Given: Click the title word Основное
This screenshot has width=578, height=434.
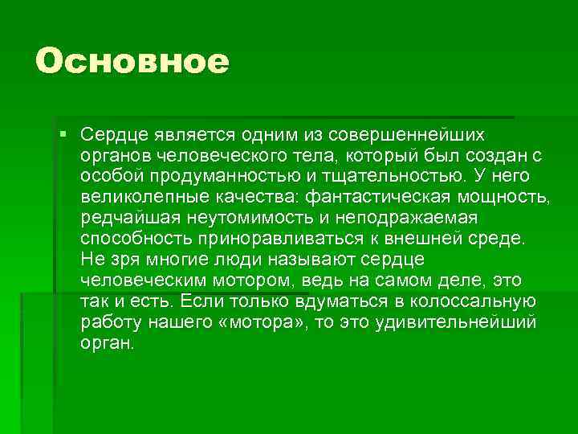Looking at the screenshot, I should pyautogui.click(x=132, y=61).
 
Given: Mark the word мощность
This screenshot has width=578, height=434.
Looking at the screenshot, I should pyautogui.click(x=504, y=196).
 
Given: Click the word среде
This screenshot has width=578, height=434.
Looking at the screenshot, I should pyautogui.click(x=501, y=239).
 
